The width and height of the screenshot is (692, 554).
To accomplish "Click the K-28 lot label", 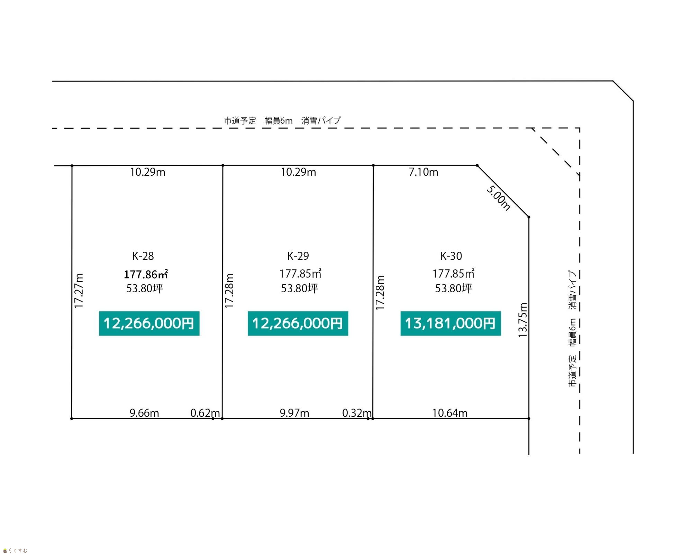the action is tap(143, 256).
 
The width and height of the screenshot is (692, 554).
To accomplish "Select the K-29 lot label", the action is tap(298, 256).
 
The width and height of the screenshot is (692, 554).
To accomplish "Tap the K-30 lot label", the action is tap(451, 256).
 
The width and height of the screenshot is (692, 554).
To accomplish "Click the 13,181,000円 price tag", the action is tap(450, 323).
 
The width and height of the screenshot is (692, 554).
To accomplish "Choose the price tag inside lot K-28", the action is tap(149, 323).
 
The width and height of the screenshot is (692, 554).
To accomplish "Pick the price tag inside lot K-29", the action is tap(298, 323).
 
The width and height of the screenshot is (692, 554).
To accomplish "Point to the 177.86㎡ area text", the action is tap(146, 274).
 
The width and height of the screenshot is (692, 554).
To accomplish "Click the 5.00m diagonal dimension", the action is tap(498, 198).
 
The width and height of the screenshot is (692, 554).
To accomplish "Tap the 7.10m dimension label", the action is tap(424, 172).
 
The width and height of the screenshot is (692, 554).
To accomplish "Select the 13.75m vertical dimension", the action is tap(522, 320).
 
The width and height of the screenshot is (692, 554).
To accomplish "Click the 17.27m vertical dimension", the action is tap(79, 291).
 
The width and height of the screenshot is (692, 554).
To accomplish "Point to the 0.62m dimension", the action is tap(205, 413).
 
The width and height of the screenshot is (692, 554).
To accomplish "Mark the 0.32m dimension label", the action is tap(357, 413).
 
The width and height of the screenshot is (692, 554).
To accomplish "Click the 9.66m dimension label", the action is tap(144, 413).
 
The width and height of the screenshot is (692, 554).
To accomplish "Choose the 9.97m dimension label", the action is tap(294, 413).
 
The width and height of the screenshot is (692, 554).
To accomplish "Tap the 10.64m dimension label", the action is tap(450, 413).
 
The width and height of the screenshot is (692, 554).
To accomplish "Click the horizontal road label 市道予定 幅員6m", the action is tap(258, 121).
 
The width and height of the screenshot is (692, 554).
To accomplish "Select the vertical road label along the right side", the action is tap(573, 329).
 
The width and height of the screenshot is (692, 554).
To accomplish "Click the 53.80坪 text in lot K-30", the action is tap(454, 288).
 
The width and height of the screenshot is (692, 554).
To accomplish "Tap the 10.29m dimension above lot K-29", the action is tap(298, 172).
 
